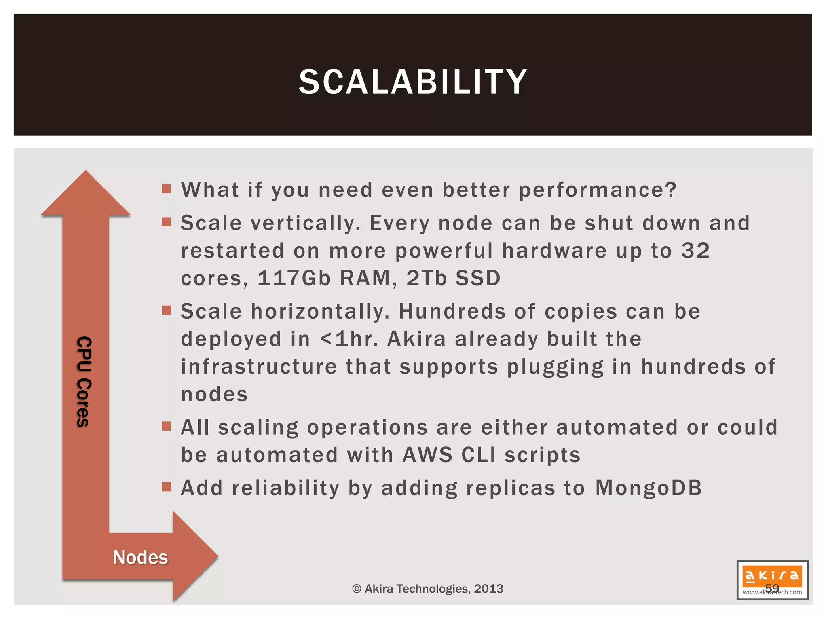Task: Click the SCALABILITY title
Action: pyautogui.click(x=413, y=82)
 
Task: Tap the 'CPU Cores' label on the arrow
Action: pyautogui.click(x=84, y=381)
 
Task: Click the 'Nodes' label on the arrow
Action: pyautogui.click(x=140, y=558)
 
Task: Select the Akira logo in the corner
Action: pyautogui.click(x=772, y=580)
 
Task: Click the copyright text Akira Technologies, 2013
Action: pyautogui.click(x=428, y=589)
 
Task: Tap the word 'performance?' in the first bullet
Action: pyautogui.click(x=598, y=190)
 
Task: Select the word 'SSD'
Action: pyautogui.click(x=478, y=278)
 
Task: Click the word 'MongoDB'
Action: pyautogui.click(x=648, y=488)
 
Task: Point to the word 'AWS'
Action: pyautogui.click(x=427, y=455)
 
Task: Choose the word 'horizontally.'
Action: pyautogui.click(x=321, y=311)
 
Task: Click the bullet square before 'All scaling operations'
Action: pyautogui.click(x=166, y=426)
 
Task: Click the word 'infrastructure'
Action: pyautogui.click(x=259, y=367)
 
